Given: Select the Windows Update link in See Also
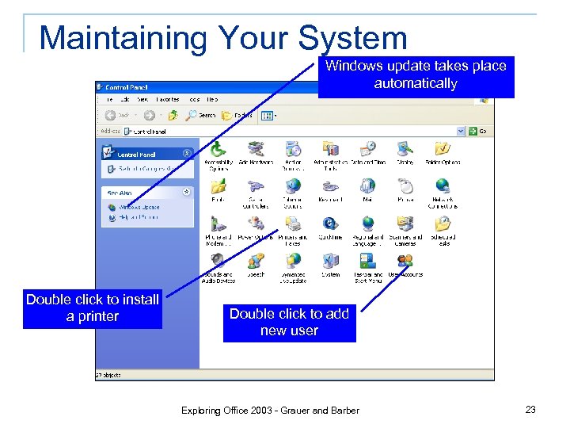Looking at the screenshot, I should click(139, 207).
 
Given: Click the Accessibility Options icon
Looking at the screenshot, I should click(218, 149).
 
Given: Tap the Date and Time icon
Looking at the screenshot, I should click(367, 149).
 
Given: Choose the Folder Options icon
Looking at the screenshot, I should click(443, 149).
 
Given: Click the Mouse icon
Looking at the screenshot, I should click(405, 186).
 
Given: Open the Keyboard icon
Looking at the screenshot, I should click(330, 186).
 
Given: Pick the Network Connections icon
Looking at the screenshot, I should click(443, 186).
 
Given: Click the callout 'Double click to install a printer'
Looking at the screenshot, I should click(93, 308).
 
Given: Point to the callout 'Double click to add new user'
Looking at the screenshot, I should click(289, 323).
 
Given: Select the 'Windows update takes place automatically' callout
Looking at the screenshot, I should click(416, 75).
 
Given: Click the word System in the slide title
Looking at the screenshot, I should click(352, 38).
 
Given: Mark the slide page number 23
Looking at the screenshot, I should click(530, 410).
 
